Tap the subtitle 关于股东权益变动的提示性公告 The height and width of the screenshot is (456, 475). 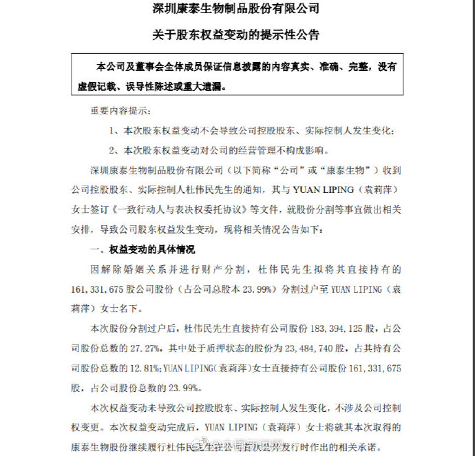click(237, 34)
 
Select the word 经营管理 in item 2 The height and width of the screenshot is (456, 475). click(245, 150)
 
